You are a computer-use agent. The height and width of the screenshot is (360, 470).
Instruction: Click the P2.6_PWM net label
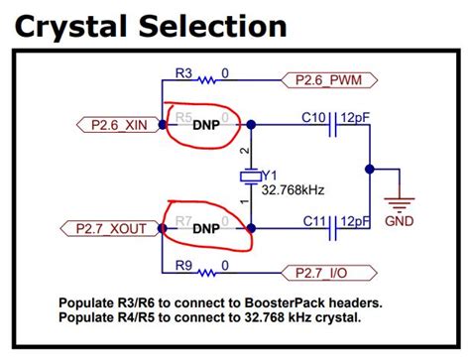[x=331, y=78]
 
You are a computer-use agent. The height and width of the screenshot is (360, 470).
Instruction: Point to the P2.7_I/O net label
[x=331, y=272]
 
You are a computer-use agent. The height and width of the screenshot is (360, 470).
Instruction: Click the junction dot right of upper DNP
[x=251, y=124]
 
